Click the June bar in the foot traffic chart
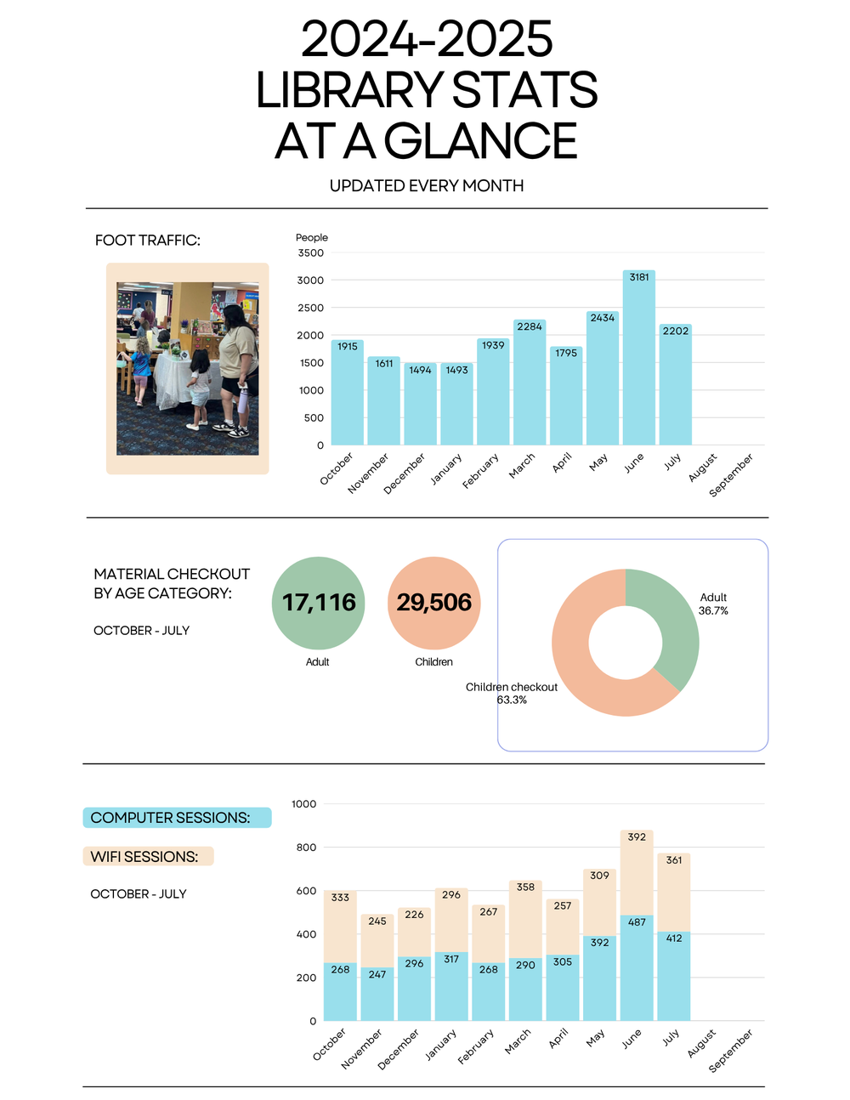(x=638, y=357)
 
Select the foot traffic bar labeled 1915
(x=347, y=393)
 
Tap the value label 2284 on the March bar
(x=530, y=326)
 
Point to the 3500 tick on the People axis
(x=310, y=252)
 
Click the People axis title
(x=312, y=237)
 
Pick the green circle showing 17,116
(x=318, y=603)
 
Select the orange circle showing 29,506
(x=433, y=603)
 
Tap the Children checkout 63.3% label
(x=512, y=693)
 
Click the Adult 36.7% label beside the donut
(x=713, y=604)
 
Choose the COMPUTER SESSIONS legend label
(x=170, y=818)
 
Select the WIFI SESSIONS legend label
(x=144, y=857)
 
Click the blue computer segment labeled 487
(x=637, y=967)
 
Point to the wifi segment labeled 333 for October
(x=340, y=927)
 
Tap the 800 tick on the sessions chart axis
(x=306, y=847)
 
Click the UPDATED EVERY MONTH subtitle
(x=427, y=186)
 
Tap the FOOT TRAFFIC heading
(x=148, y=240)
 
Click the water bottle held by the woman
(x=244, y=401)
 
